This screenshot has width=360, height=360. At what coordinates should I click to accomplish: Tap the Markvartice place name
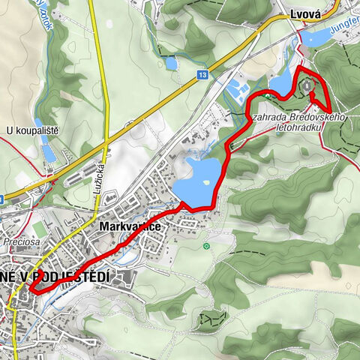(130, 224)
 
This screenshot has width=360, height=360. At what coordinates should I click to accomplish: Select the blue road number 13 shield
(202, 75)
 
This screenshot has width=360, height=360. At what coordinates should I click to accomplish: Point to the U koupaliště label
(31, 130)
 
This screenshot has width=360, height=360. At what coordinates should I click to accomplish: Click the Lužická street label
(100, 177)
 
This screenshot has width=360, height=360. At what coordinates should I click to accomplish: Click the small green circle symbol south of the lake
(206, 246)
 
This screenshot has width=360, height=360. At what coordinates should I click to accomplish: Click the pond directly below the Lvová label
(316, 37)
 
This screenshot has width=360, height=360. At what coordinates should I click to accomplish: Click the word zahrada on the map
(268, 118)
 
